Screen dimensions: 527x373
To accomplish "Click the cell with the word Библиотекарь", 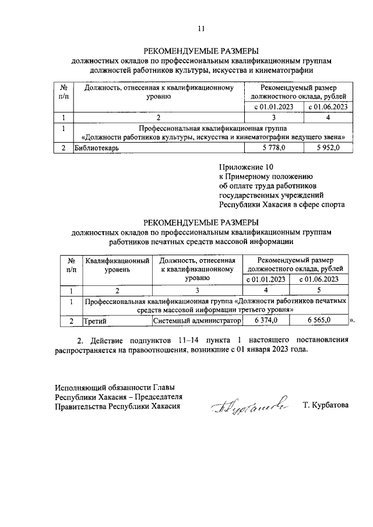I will click(97, 148).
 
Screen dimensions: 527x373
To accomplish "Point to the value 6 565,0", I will click(319, 320).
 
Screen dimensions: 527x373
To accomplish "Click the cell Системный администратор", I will click(197, 320).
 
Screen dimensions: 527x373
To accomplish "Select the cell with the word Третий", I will click(94, 320).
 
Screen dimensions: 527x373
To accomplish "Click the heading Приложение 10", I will click(241, 166).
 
